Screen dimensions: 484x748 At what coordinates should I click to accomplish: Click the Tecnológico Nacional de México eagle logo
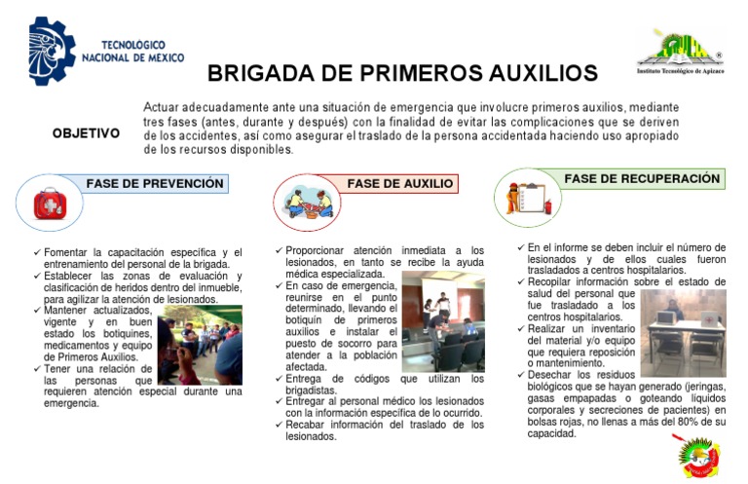click(51, 50)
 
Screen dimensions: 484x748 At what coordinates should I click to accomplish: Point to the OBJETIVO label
click(86, 133)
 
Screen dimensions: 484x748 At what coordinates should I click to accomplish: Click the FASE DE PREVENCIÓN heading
click(155, 184)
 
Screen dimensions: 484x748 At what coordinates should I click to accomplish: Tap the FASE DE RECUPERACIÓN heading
click(642, 179)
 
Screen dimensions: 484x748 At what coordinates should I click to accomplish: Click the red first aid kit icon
click(49, 204)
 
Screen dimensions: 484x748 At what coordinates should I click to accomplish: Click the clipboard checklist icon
click(531, 194)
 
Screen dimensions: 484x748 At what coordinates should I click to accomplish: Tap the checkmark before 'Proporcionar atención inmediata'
click(279, 251)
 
